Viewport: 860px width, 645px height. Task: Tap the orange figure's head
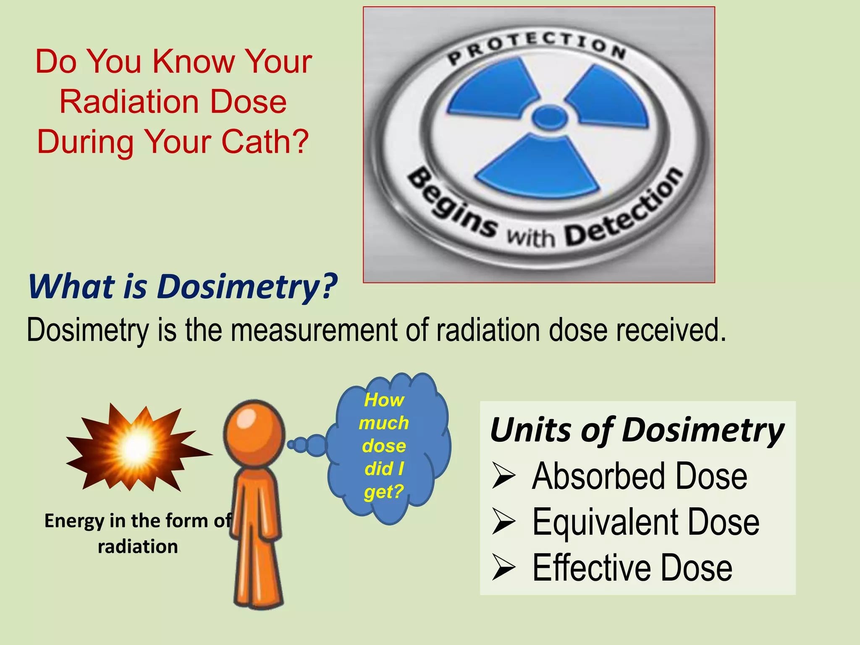click(x=254, y=433)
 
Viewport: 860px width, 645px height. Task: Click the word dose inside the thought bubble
click(x=384, y=446)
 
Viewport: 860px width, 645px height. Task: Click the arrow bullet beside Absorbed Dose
click(x=503, y=477)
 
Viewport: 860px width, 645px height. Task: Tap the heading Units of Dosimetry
click(x=637, y=430)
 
